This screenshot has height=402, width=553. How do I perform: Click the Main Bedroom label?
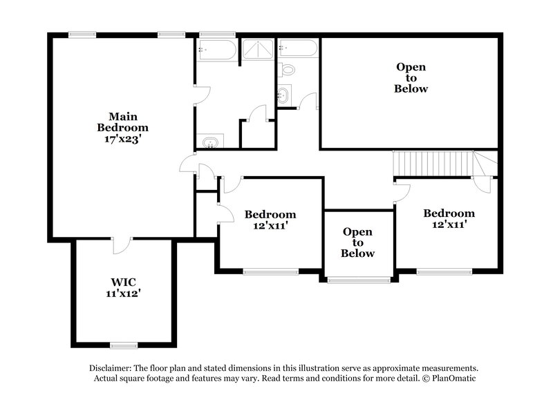[x=122, y=122]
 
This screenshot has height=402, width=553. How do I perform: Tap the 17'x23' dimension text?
[x=122, y=138]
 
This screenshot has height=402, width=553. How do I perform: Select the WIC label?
[x=122, y=282]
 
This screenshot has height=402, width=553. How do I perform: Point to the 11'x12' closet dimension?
[x=122, y=294]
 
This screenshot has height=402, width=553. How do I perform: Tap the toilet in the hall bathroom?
[x=289, y=69]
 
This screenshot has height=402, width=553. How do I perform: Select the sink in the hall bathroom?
[x=283, y=95]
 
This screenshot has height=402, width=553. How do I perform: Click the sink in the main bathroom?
[x=209, y=143]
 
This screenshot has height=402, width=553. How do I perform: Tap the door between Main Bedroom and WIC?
[x=122, y=245]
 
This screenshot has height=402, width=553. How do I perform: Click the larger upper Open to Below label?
[x=411, y=78]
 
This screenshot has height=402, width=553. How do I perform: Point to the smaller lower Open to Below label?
[x=357, y=242]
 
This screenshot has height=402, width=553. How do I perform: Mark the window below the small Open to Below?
[x=358, y=280]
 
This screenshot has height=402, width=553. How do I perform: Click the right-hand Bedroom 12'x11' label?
[x=449, y=219]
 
